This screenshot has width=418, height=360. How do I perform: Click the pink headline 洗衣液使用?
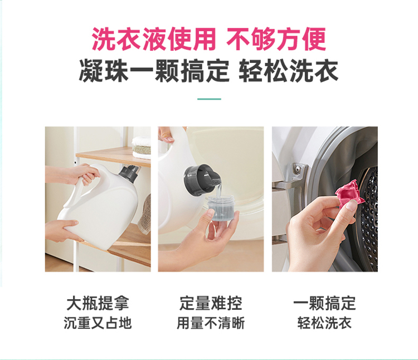(x=154, y=39)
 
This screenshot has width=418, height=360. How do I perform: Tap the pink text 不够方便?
(x=276, y=39)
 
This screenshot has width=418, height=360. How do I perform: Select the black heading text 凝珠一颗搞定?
(x=154, y=71)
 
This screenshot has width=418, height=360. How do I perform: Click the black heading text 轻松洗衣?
(x=289, y=71)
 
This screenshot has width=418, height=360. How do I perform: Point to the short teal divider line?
(x=209, y=99)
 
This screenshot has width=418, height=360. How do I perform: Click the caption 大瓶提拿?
(x=98, y=303)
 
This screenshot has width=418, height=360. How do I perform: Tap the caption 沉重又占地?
(x=98, y=323)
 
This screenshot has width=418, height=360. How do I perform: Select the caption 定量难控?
(x=211, y=303)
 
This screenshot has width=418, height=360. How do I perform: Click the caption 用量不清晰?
(x=211, y=323)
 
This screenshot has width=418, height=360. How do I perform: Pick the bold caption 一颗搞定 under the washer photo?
(x=324, y=303)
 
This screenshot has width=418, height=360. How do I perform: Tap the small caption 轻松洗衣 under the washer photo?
(x=324, y=323)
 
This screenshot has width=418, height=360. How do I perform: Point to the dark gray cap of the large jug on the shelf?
(x=129, y=174)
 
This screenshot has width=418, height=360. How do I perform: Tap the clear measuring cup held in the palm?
(x=221, y=208)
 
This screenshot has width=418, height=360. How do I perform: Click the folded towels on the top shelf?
(x=142, y=147)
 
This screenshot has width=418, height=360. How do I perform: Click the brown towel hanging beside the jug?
(x=145, y=215)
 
